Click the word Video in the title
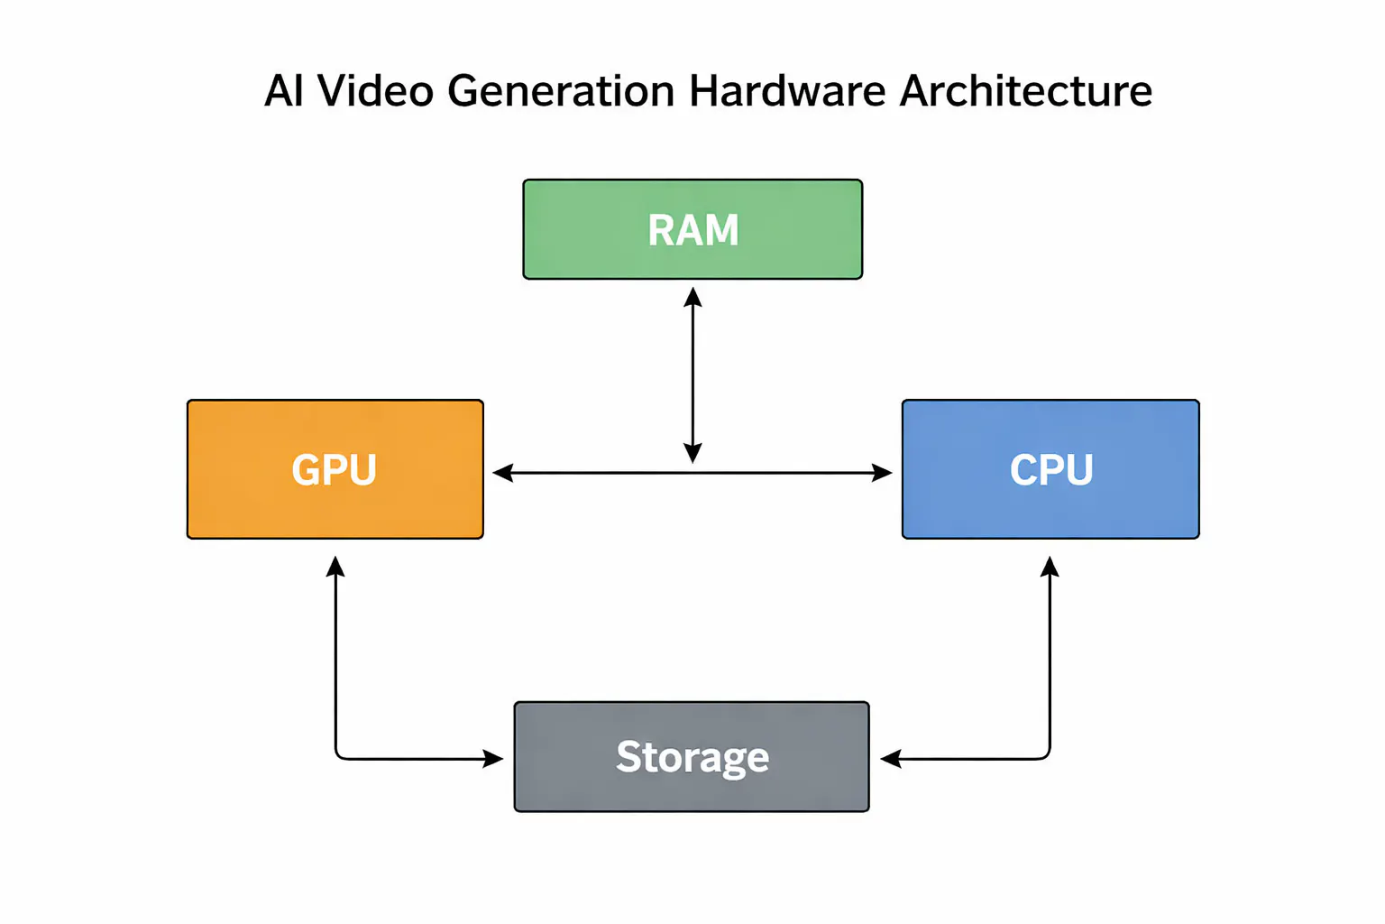tap(375, 91)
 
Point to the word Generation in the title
tap(561, 91)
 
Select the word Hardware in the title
tap(787, 91)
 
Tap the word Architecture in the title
tap(1026, 91)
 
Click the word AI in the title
tap(283, 91)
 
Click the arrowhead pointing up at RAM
tap(692, 297)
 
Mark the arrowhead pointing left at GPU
tap(503, 472)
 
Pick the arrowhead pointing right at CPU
tap(882, 472)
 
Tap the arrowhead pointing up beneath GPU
tap(335, 567)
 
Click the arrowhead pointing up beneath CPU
tap(1050, 567)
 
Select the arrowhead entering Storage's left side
tap(493, 759)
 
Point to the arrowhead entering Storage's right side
tap(891, 759)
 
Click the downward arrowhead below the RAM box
tap(692, 453)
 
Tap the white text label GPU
tap(334, 470)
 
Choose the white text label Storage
tap(692, 757)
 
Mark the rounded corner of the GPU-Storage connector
tap(339, 755)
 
